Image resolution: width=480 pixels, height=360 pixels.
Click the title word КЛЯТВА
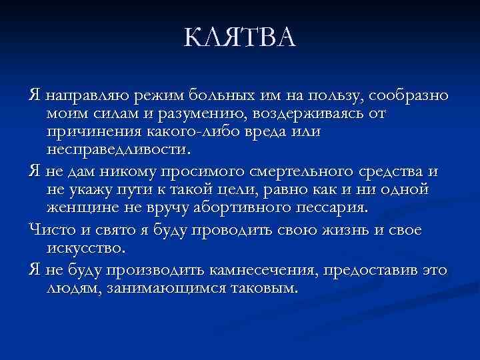(240, 38)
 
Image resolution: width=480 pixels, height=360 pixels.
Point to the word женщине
(80, 209)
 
